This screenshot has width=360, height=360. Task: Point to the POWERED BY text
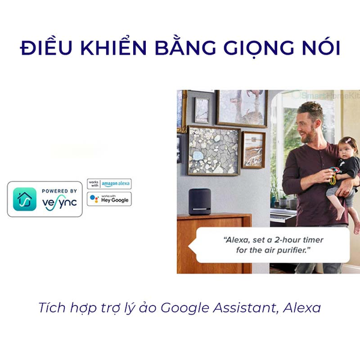click(x=59, y=191)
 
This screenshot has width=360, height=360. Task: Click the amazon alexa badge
click(x=109, y=184)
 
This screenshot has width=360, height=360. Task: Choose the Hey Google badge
click(x=109, y=199)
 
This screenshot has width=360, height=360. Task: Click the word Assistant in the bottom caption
click(x=259, y=308)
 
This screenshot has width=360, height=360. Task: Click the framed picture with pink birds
click(x=241, y=108)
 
